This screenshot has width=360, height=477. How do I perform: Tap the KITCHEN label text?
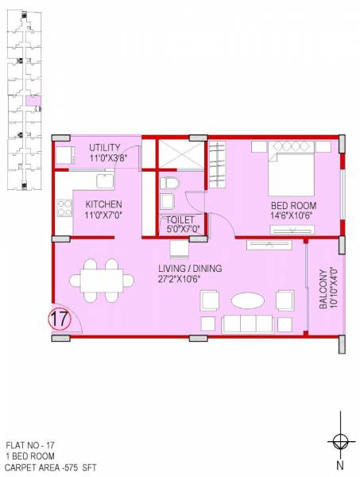(103, 204)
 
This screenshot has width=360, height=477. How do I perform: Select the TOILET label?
(180, 220)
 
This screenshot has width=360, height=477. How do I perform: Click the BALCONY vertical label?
(322, 290)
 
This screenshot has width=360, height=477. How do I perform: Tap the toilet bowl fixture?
(169, 187)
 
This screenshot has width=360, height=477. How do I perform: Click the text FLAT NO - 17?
(29, 447)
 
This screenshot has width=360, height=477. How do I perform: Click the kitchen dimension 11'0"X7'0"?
(103, 215)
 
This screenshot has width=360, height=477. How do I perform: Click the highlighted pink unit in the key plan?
(33, 101)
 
